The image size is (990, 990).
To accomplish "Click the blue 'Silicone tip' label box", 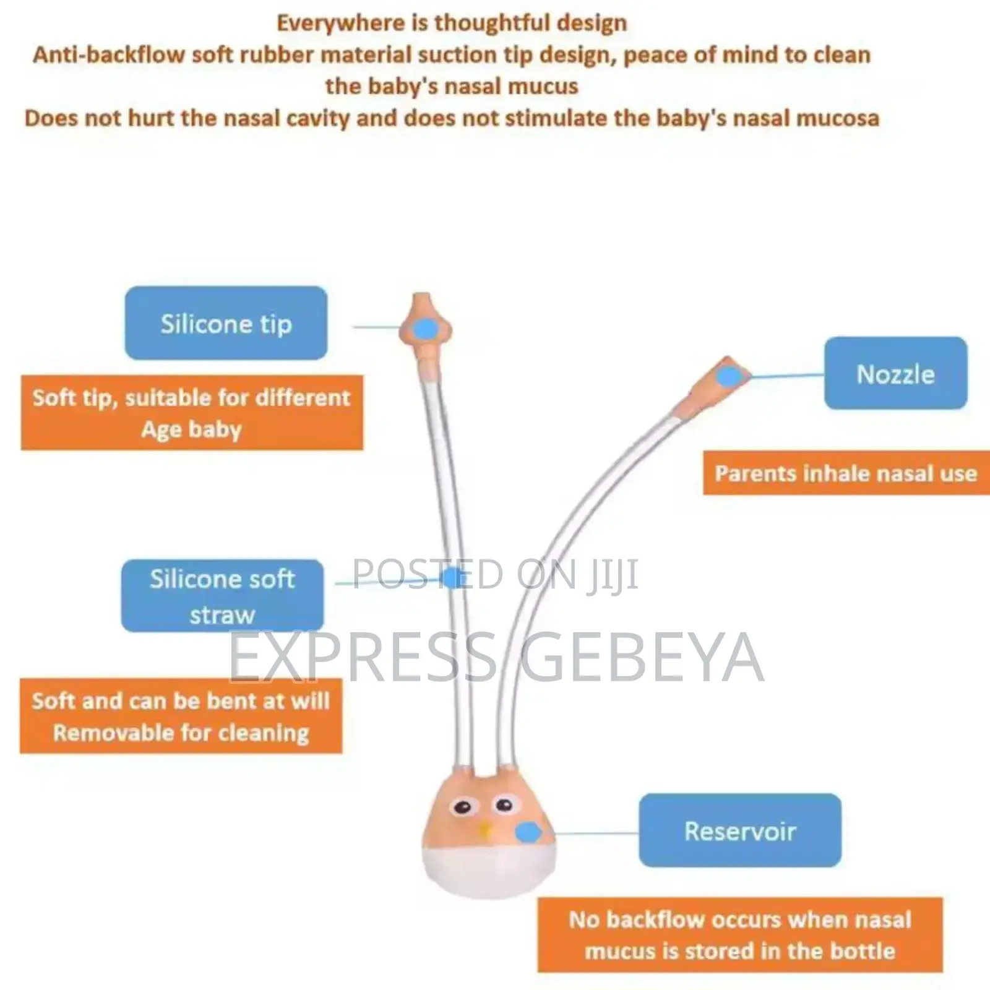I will coord(226,323).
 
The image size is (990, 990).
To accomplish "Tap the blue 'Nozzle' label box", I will coord(895,373).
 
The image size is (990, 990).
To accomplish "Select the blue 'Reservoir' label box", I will coord(740,830).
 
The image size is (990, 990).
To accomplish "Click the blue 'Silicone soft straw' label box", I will coord(222,596).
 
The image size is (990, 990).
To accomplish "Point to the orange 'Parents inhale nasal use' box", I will coord(846,473).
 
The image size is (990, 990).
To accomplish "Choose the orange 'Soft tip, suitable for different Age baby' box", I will coord(192,413).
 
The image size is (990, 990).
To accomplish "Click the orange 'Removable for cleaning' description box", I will coord(181,717).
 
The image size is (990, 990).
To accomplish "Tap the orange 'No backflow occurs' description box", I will coord(740,935).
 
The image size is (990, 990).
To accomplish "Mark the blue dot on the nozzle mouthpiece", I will coord(729,376).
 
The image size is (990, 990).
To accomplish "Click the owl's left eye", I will coord(462,807).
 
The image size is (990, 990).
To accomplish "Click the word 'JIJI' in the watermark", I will coord(613,575).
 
